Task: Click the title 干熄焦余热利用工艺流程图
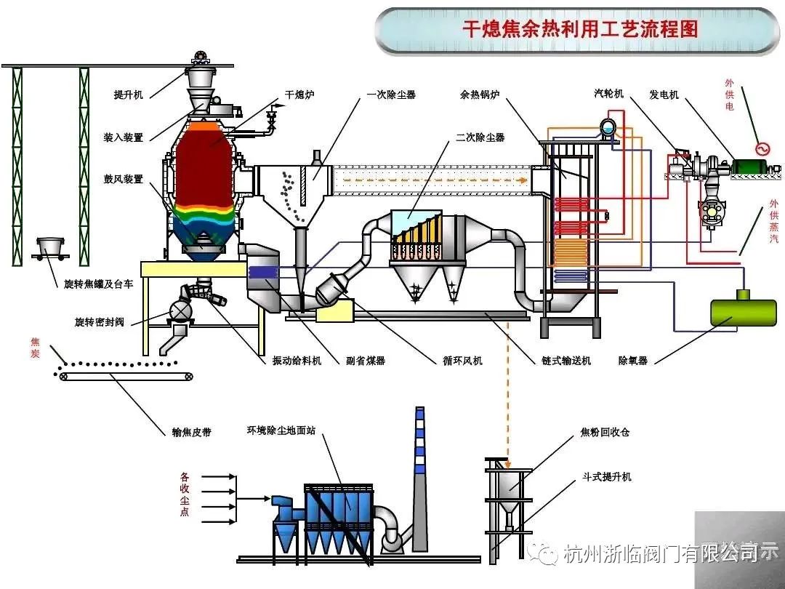pos(579,28)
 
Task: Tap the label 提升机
pos(129,95)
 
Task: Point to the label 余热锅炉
pos(479,95)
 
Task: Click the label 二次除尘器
pos(480,137)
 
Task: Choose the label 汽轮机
pos(609,93)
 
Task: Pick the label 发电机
pos(664,95)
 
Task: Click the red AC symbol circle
pos(762,148)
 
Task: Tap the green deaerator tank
pos(736,310)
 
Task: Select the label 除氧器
pos(633,361)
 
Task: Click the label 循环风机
pos(462,361)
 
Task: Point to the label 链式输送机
pos(565,361)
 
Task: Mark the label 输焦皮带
pos(191,432)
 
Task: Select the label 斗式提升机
pos(606,477)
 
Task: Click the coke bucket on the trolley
pos(49,249)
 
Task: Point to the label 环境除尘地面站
pos(281,430)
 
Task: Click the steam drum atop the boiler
pos(608,128)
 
